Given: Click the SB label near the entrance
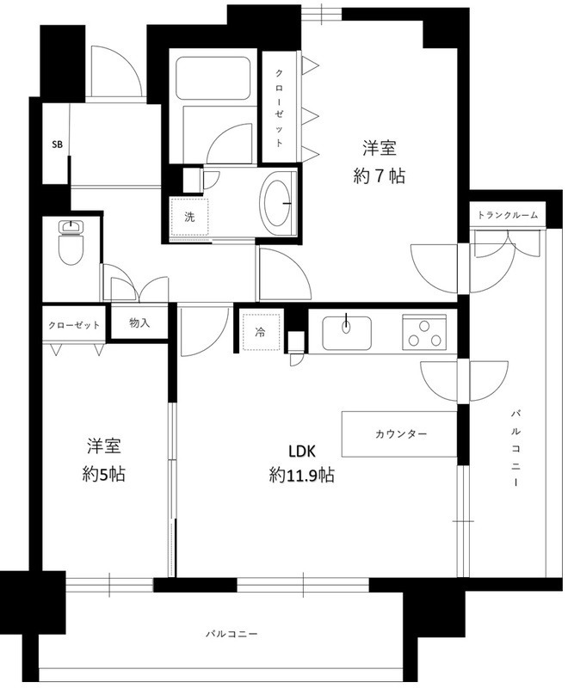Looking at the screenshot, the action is tap(57, 144).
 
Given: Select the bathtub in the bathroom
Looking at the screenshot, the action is tap(213, 77).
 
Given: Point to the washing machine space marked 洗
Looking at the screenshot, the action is tap(189, 217).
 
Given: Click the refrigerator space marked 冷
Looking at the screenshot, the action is tap(261, 332).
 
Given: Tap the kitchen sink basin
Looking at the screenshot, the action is tap(346, 333).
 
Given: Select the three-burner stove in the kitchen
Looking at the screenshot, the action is tap(423, 333).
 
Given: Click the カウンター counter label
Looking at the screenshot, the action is tap(401, 434).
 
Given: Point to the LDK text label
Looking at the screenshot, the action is tap(302, 451).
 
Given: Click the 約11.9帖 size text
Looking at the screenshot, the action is tap(301, 475).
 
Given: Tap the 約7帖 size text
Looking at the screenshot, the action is tap(380, 176).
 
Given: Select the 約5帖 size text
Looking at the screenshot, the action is tap(103, 474).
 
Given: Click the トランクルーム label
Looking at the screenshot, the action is tap(508, 215).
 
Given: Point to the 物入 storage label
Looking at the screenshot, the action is tap(139, 323).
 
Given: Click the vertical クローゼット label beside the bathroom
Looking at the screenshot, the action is tap(279, 107).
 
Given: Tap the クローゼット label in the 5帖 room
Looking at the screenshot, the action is tap(74, 325).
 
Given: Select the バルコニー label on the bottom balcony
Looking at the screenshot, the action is tap(232, 634).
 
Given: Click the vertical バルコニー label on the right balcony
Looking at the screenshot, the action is tap(516, 448).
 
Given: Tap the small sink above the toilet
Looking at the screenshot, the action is tap(71, 226).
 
